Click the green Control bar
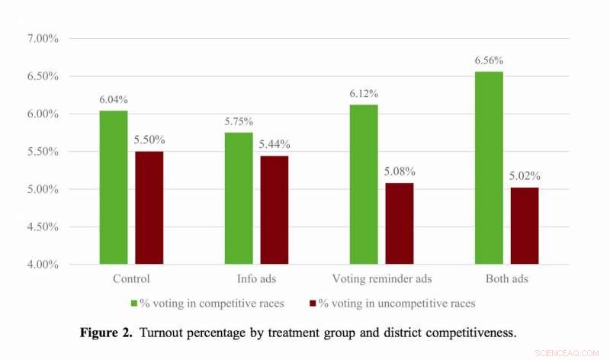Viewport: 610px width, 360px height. pyautogui.click(x=114, y=188)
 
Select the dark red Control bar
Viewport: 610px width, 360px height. pyautogui.click(x=149, y=207)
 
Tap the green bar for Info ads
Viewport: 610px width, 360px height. pyautogui.click(x=239, y=198)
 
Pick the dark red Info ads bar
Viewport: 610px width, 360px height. pyautogui.click(x=274, y=210)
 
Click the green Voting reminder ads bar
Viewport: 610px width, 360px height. pyautogui.click(x=364, y=185)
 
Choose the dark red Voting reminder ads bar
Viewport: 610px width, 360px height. pyautogui.click(x=399, y=223)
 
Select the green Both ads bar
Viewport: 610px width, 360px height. pyautogui.click(x=489, y=168)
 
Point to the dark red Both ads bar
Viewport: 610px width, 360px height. pyautogui.click(x=524, y=226)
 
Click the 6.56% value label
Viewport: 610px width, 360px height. pyautogui.click(x=489, y=60)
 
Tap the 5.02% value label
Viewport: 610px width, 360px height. pyautogui.click(x=524, y=176)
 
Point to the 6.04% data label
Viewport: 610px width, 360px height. pyautogui.click(x=114, y=100)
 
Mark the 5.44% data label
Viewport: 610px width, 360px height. pyautogui.click(x=274, y=145)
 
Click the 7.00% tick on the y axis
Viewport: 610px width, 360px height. pyautogui.click(x=44, y=39)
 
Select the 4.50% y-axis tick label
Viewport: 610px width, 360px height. pyautogui.click(x=44, y=227)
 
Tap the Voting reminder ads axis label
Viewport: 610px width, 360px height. pyautogui.click(x=381, y=279)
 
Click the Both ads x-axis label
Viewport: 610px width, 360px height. pyautogui.click(x=506, y=279)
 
